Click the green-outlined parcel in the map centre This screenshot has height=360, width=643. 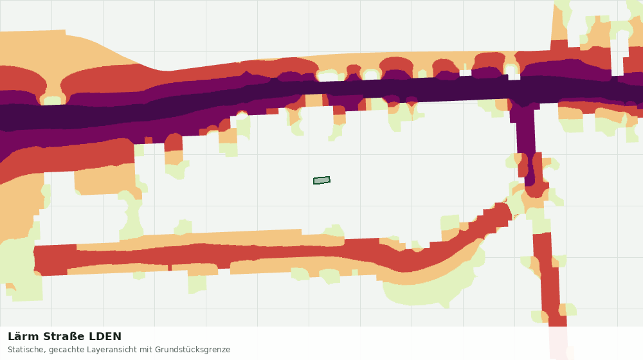322,181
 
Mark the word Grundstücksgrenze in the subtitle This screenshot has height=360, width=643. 192,350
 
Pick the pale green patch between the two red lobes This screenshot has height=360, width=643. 52,100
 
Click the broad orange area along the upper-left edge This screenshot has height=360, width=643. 62,47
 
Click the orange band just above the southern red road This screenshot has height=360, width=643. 205,239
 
